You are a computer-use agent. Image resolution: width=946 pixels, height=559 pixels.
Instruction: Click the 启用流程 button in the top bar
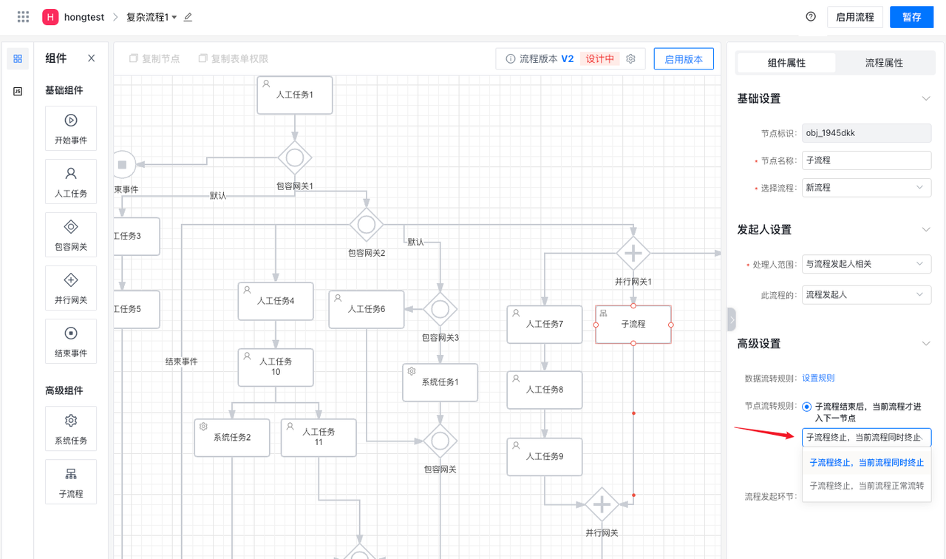point(854,17)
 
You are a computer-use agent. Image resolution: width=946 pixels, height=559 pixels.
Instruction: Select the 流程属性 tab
point(884,63)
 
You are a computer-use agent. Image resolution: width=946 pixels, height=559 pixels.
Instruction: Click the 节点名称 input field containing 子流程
point(866,160)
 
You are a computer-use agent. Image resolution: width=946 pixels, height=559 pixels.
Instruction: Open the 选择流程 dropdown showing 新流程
point(866,188)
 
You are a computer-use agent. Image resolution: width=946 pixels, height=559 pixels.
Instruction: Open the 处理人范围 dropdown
point(866,264)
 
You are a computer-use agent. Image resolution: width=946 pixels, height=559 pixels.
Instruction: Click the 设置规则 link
point(818,378)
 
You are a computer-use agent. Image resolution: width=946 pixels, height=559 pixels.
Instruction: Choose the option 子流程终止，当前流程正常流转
point(866,486)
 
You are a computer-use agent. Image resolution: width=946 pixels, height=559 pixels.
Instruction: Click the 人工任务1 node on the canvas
point(295,95)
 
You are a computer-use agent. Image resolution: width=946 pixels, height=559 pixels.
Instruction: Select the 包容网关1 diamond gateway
point(295,157)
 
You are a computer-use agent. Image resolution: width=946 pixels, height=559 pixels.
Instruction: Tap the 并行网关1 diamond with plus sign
point(633,254)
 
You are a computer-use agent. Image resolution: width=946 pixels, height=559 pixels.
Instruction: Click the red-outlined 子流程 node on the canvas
point(633,325)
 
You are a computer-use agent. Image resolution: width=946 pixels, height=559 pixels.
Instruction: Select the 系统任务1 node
point(440,382)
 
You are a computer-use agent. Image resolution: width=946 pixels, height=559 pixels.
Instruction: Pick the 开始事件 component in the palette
point(71,129)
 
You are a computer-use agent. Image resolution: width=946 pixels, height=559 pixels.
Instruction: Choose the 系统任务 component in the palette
point(71,429)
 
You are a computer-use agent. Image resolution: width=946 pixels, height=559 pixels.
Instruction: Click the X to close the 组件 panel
point(91,58)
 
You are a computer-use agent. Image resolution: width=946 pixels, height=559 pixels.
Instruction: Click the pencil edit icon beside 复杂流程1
point(188,17)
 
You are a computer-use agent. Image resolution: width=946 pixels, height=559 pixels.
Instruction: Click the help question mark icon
point(811,17)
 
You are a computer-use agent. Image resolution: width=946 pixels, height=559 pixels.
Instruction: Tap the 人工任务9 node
point(545,457)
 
